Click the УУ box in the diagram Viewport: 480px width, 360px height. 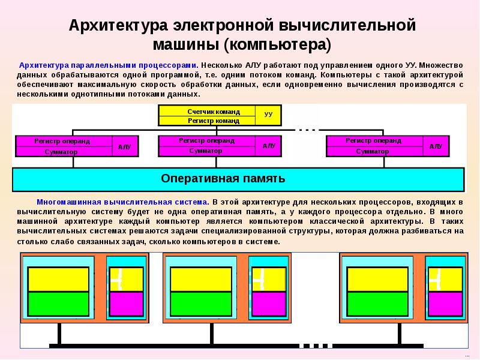[268, 114]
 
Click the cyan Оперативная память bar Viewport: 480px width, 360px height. [238, 179]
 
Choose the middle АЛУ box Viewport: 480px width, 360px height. [268, 146]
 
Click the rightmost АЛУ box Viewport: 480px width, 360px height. [436, 146]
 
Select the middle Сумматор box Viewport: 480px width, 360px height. [206, 151]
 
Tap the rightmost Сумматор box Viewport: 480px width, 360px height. [373, 151]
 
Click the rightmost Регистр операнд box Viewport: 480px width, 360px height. [373, 141]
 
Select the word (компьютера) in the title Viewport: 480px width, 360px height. [278, 45]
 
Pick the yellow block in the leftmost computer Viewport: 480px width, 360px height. [59, 280]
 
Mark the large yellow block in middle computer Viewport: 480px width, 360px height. [201, 280]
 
